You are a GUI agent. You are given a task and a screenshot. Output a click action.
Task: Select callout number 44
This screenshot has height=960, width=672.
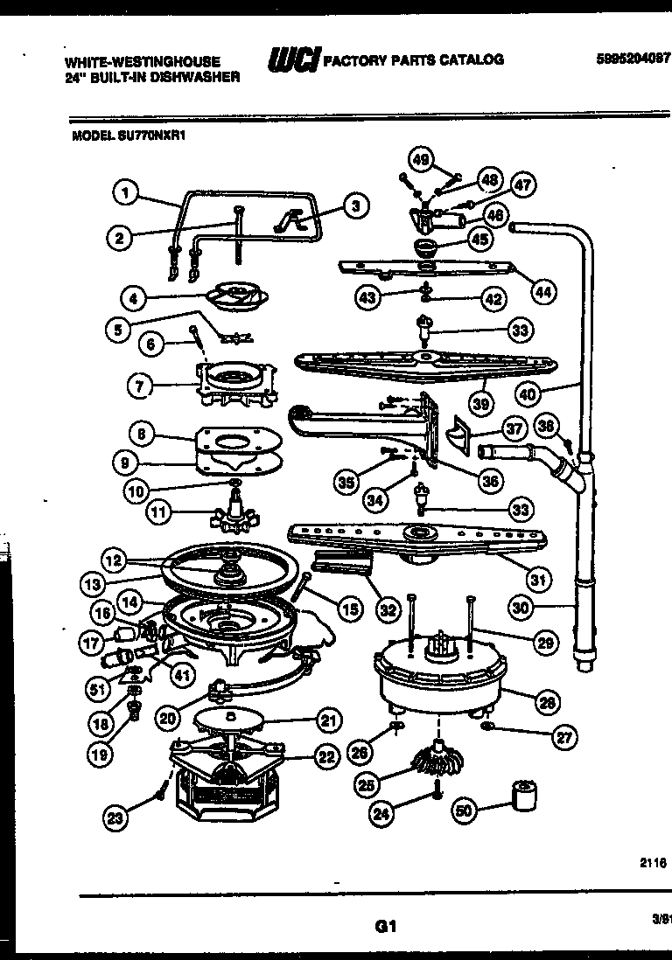(x=543, y=293)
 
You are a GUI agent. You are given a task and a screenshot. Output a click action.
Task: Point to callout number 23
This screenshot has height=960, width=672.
(x=115, y=818)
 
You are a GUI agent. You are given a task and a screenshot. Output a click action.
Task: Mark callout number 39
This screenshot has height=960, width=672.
(x=480, y=403)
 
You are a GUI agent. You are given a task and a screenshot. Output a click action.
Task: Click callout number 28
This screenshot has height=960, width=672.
(x=546, y=701)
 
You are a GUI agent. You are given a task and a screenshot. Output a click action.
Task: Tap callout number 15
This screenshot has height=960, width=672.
(x=350, y=609)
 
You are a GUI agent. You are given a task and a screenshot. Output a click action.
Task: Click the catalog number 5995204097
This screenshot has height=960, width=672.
(x=631, y=59)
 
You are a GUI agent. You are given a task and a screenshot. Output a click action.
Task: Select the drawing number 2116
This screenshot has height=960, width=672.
(x=654, y=862)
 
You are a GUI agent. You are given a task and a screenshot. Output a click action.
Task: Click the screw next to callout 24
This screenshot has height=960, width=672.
(x=435, y=791)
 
